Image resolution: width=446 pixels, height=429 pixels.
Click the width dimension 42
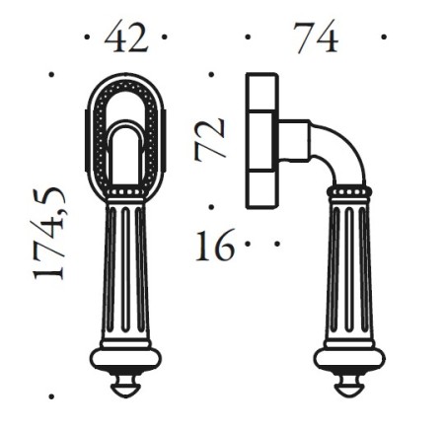(x=126, y=39)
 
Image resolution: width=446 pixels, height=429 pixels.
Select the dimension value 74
(x=315, y=39)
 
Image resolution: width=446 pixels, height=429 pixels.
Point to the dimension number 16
(x=214, y=245)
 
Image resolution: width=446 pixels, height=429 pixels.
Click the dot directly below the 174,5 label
(x=52, y=397)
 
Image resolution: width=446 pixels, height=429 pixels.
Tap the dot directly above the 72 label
(x=212, y=73)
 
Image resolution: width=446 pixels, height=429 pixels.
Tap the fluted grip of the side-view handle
(x=350, y=266)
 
